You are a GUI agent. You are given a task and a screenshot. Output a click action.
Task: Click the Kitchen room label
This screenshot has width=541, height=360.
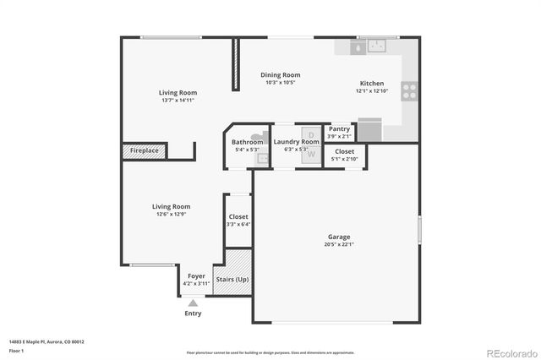click(372, 84)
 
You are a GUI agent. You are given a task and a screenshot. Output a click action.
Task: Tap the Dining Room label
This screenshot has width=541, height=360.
click(281, 75)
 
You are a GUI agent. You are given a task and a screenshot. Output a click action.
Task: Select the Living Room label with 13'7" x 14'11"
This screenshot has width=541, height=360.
click(178, 93)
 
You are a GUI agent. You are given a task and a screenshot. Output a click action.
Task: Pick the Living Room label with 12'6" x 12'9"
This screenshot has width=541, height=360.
click(171, 207)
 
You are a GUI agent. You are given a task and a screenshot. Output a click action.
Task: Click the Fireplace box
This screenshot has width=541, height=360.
click(145, 151)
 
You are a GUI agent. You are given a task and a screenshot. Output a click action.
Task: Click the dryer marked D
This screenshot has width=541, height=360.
click(310, 135)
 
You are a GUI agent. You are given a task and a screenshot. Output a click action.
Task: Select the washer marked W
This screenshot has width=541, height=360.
click(310, 154)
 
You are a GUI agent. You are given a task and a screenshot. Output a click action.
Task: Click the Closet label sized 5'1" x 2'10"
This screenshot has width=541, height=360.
click(344, 151)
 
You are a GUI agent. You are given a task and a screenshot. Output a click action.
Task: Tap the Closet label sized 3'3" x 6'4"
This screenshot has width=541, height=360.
click(238, 217)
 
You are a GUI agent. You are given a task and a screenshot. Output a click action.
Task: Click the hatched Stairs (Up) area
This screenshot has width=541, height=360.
click(232, 273)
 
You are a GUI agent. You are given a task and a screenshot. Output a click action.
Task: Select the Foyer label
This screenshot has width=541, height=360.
click(196, 276)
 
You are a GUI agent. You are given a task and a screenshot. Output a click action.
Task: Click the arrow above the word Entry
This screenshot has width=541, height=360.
click(194, 302)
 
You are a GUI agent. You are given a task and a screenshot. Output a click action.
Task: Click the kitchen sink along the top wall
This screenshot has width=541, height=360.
click(371, 47)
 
